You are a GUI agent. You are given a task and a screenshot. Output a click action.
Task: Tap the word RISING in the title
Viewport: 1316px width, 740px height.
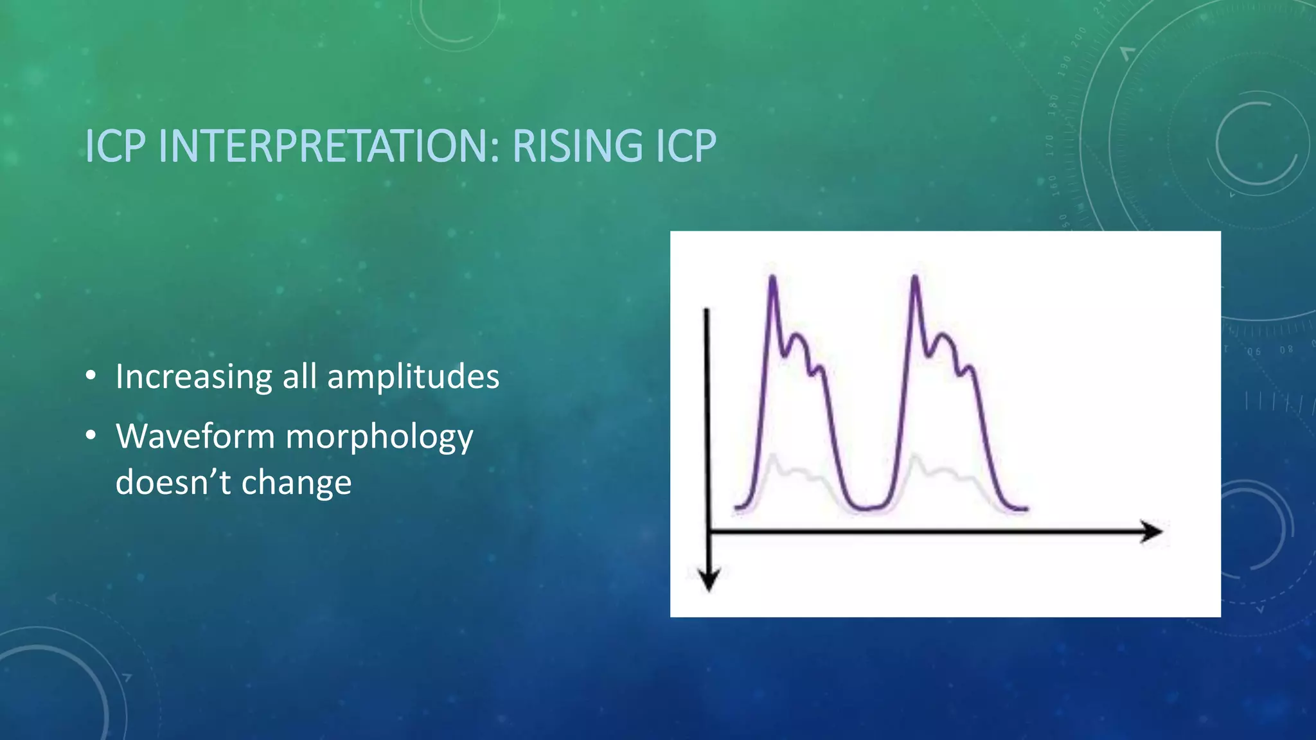(577, 146)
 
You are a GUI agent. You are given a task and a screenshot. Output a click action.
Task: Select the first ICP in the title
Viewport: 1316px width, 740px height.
(116, 146)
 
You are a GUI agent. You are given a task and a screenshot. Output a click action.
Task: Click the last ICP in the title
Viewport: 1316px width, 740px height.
(685, 146)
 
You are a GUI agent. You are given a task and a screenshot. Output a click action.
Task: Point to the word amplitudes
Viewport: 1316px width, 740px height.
(413, 376)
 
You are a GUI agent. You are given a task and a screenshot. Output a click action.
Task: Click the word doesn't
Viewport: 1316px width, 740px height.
(172, 482)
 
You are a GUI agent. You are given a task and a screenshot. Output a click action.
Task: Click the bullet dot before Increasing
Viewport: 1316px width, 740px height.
(91, 376)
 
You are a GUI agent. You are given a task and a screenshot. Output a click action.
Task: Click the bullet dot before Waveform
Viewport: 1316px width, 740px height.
(91, 436)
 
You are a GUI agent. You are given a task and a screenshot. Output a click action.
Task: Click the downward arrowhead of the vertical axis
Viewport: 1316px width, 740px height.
(708, 579)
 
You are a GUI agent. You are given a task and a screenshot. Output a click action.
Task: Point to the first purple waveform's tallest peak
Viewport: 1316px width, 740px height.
(772, 277)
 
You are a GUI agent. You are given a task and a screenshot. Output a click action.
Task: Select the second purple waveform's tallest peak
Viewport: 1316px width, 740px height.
(914, 277)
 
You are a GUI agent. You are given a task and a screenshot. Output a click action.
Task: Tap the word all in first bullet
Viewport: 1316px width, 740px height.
(299, 376)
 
